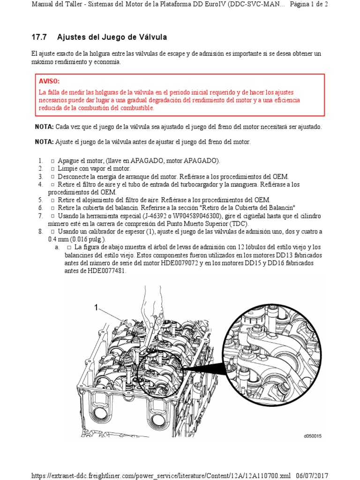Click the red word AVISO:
coord(49,81)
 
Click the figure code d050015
coord(313,436)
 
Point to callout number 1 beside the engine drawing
coord(96,307)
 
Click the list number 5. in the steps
coord(41,200)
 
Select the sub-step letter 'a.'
coord(57,247)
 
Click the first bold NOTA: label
coord(45,127)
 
